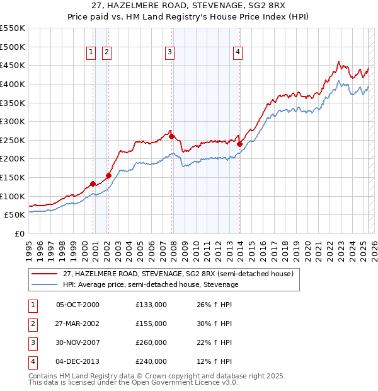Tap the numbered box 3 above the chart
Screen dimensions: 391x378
(x=170, y=53)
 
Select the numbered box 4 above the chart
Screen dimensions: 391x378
(x=238, y=53)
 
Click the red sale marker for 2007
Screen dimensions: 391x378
(x=171, y=136)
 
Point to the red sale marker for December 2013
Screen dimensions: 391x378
(x=239, y=144)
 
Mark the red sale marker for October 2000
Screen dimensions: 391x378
(x=93, y=184)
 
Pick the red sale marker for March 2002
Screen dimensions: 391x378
(x=108, y=175)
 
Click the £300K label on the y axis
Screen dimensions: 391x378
(x=12, y=121)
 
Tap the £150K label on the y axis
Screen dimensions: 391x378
(x=12, y=177)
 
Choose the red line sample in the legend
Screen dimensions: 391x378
(x=45, y=274)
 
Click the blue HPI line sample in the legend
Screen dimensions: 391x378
(x=45, y=284)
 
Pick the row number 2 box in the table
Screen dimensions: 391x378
(x=31, y=324)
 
